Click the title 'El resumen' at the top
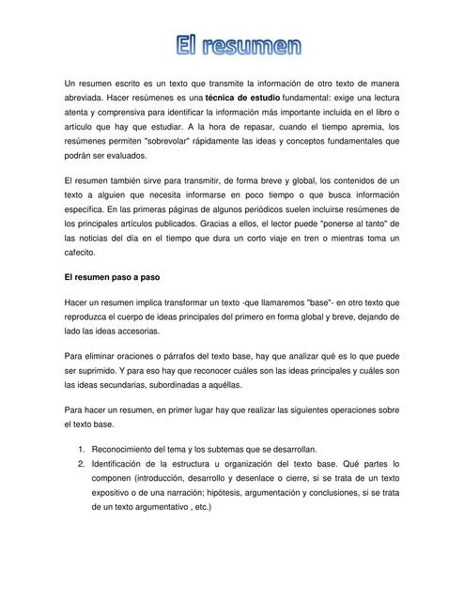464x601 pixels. point(239,44)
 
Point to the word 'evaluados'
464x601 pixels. point(127,155)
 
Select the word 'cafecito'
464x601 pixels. point(80,254)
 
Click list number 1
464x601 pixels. point(82,450)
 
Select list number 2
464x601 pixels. point(82,464)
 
